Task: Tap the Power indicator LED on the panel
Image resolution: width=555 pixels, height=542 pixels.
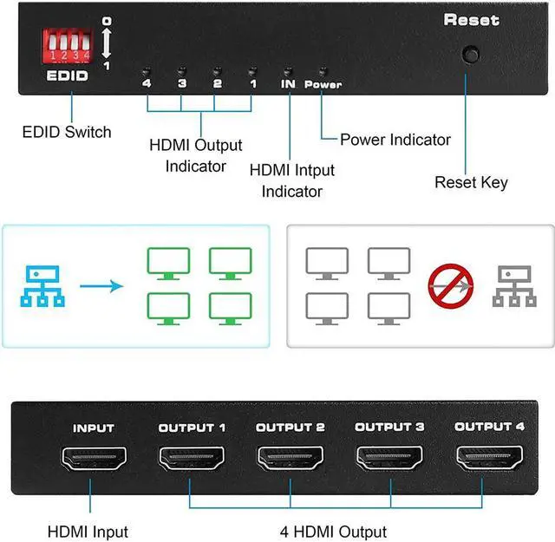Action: coord(322,72)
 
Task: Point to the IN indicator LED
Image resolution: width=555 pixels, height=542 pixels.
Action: coord(288,71)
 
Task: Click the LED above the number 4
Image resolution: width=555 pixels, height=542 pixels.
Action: coord(147,71)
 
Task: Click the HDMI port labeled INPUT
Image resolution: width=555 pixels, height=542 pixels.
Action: coord(93,459)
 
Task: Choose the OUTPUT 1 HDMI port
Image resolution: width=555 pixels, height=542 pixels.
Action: coord(191,459)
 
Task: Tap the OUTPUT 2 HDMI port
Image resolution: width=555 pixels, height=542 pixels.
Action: coord(290,459)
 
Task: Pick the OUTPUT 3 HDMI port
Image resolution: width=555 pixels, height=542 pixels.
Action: coord(388,459)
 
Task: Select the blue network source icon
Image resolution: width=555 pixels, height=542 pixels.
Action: coord(40,284)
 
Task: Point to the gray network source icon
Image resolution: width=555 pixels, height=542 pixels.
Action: coord(513,284)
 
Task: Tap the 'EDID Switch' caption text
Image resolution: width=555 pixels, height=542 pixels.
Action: coord(66,133)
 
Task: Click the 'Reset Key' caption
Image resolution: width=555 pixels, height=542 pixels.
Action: coord(471,182)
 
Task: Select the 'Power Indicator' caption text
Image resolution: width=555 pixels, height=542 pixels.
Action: coord(395,140)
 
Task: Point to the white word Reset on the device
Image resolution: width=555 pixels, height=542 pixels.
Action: coord(471,20)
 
